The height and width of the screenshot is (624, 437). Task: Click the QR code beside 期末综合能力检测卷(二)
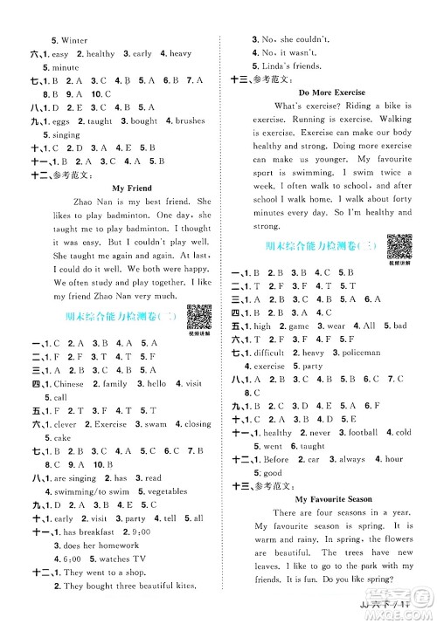[199, 317]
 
